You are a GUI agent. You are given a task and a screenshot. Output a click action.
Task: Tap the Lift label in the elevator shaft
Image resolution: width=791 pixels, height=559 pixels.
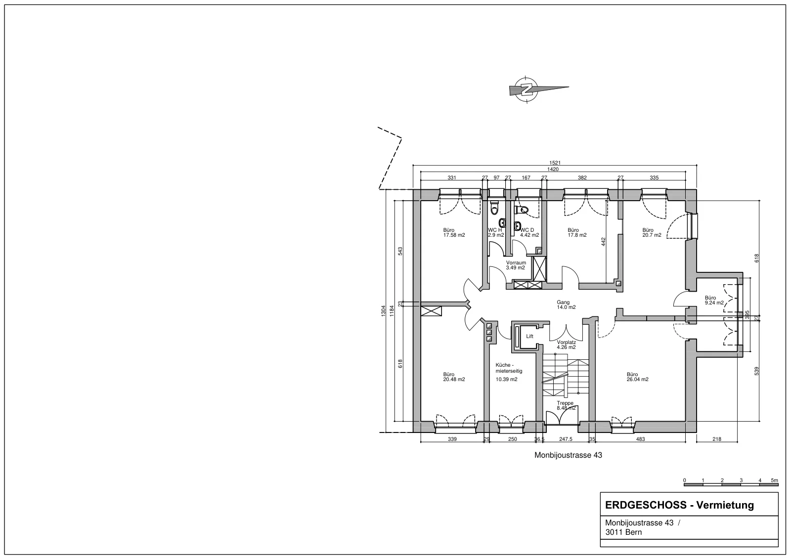tap(529, 337)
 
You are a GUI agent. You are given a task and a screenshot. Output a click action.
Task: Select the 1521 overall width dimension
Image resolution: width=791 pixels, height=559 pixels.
tap(555, 163)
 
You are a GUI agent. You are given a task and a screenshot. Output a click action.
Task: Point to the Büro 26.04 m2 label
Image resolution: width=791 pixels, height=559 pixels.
tap(637, 377)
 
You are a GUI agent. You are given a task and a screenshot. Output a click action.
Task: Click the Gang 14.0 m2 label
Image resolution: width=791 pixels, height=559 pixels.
tap(566, 305)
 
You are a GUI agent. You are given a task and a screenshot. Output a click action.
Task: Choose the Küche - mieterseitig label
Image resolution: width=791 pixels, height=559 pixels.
tap(509, 368)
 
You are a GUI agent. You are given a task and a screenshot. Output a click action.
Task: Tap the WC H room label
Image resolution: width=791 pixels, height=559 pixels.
tap(495, 230)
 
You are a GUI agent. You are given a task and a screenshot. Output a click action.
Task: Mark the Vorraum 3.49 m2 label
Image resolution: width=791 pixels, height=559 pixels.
tap(516, 265)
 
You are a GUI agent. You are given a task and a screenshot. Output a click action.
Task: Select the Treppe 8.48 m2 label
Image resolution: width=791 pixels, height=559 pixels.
tap(566, 405)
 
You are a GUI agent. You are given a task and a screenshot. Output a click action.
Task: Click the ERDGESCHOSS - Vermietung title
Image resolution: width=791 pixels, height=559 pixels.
tap(679, 505)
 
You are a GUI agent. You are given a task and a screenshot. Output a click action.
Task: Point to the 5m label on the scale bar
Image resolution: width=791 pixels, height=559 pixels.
tap(774, 480)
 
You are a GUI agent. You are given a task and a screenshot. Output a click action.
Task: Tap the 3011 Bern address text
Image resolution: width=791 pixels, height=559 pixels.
tap(623, 532)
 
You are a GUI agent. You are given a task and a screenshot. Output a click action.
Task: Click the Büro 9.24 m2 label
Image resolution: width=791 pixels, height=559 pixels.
tap(714, 300)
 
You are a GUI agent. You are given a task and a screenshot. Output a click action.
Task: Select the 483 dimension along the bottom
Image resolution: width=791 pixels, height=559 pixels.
tap(640, 439)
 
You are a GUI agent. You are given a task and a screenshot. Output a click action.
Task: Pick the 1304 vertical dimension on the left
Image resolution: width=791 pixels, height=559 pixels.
tap(383, 311)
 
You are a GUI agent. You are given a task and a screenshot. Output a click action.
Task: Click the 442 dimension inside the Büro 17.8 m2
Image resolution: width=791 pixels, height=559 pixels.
tap(603, 242)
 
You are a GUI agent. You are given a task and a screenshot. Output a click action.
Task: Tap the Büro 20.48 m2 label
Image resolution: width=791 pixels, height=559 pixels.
tap(454, 377)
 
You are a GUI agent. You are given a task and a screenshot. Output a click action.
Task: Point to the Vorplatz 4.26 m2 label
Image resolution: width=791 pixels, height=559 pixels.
tap(567, 344)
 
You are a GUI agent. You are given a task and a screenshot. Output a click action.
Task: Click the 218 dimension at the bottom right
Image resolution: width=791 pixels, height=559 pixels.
tap(717, 439)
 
